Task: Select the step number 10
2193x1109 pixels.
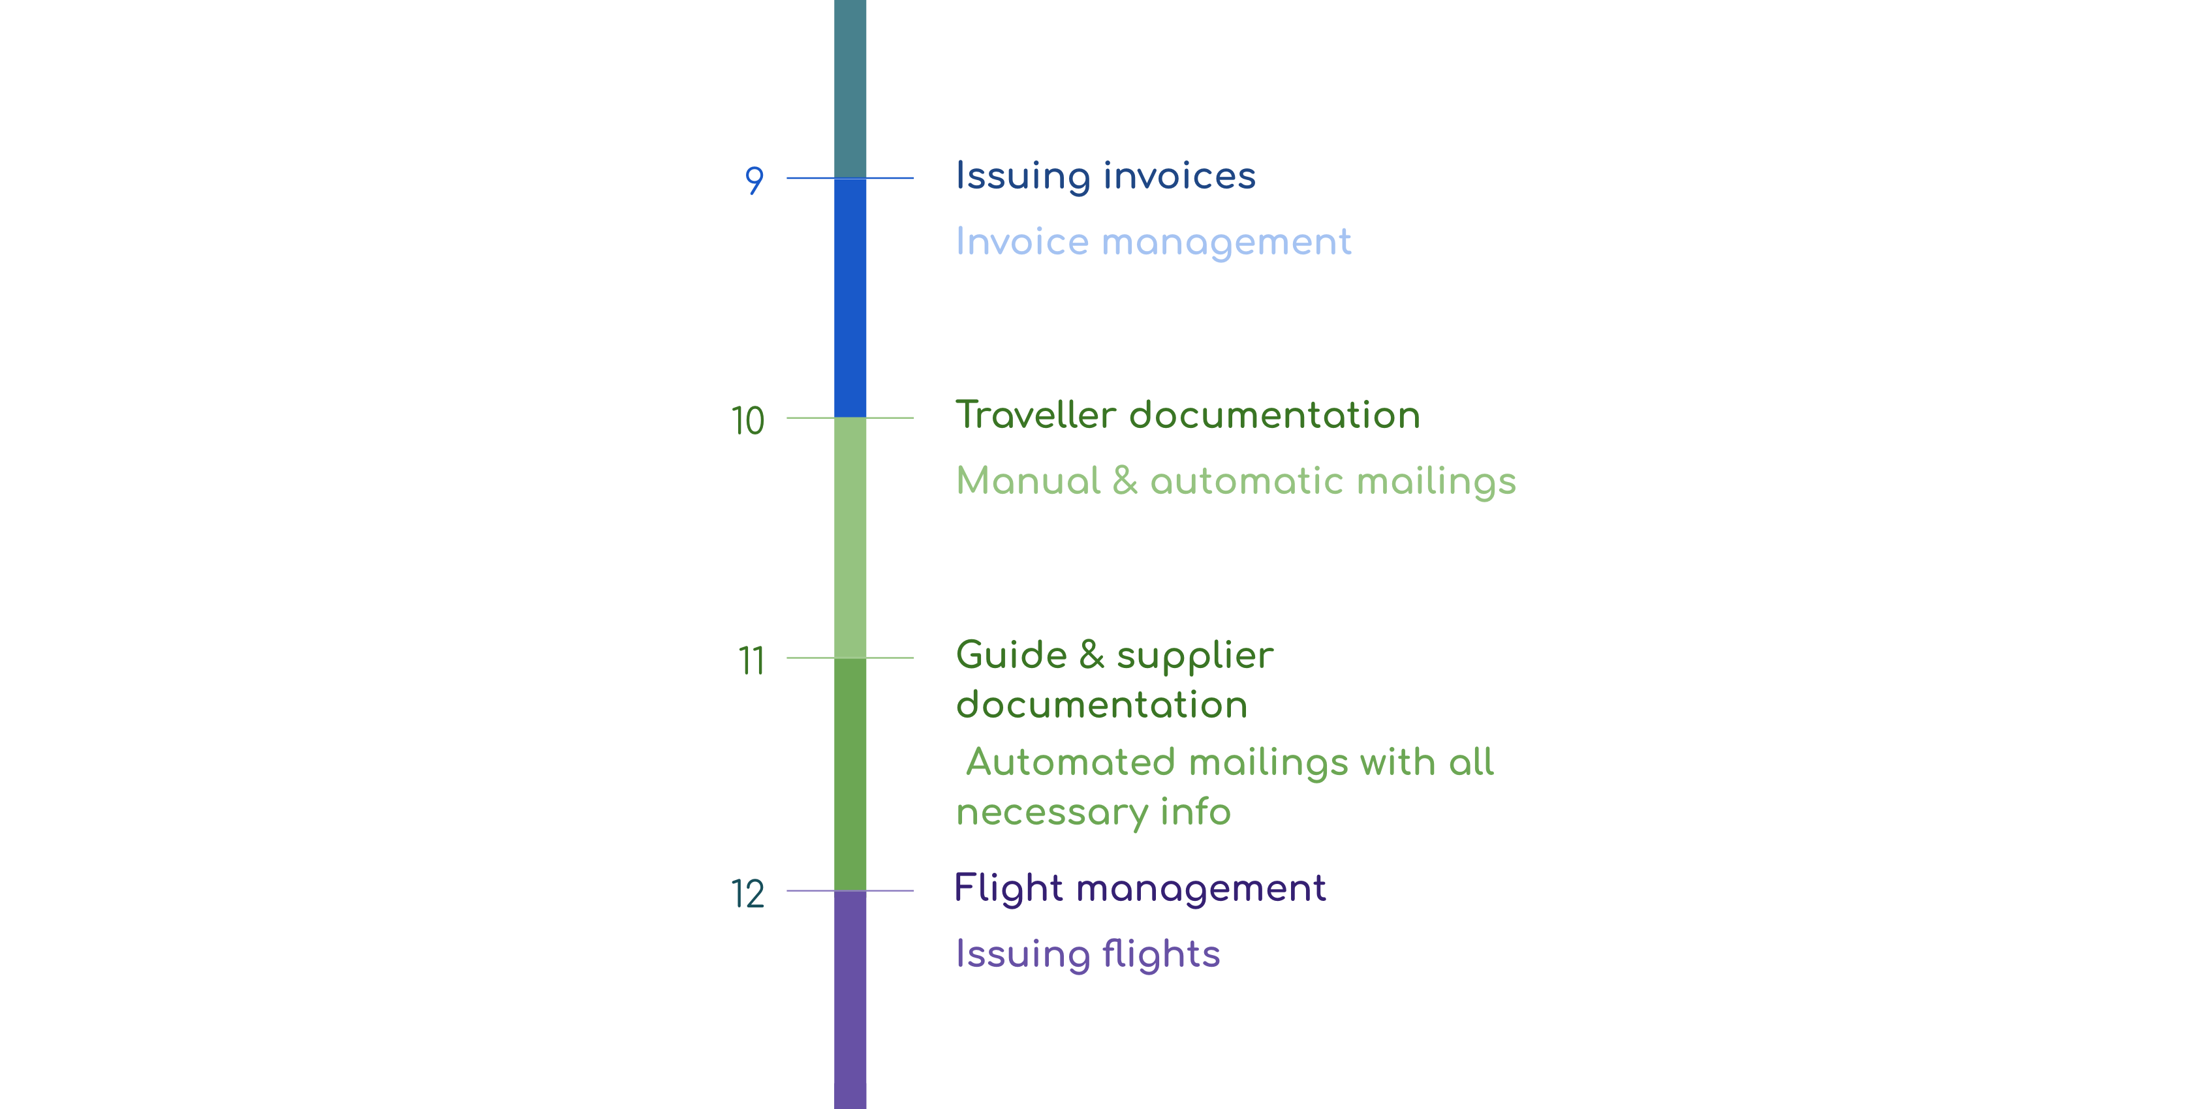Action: (747, 421)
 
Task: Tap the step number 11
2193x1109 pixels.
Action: (751, 660)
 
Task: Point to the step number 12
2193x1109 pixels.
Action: (747, 894)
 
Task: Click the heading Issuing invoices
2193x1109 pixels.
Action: (1105, 176)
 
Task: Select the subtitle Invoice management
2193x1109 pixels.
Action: (1153, 242)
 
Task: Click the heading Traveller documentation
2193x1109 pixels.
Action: (1188, 416)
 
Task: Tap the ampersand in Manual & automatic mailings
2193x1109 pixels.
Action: (1124, 481)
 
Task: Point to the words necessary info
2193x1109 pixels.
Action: (1093, 813)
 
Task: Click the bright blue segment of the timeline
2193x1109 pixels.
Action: (850, 298)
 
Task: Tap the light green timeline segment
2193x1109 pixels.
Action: (850, 538)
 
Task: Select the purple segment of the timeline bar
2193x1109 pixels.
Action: (850, 1000)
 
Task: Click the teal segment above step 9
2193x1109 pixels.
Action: (850, 89)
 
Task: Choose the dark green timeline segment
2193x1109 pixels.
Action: (850, 774)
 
